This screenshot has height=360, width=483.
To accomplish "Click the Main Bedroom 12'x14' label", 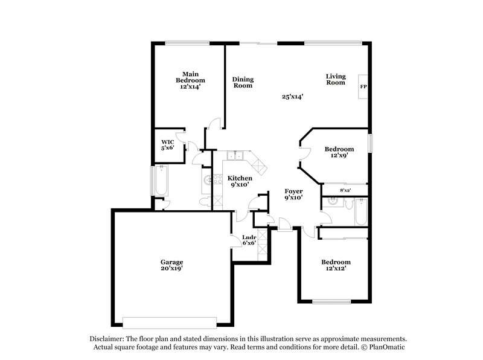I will coord(190,80).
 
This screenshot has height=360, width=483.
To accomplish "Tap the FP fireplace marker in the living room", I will coord(363,87).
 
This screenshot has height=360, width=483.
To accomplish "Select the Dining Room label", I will coord(243,82).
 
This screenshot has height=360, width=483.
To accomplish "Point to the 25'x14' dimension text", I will coord(292,96).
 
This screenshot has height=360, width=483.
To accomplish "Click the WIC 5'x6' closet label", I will coord(167,145).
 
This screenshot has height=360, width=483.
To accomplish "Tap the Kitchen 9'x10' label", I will coord(239,181).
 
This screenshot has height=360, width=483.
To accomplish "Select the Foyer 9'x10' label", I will coord(293,194).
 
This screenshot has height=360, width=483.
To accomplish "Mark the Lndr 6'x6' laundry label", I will coord(249,240).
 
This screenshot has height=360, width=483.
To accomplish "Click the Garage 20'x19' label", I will coord(171,265).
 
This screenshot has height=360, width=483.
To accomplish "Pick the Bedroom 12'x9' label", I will coord(339,152).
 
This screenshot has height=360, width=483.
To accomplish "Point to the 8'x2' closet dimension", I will coord(345,190).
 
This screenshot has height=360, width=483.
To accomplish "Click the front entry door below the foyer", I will coord(285,227).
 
